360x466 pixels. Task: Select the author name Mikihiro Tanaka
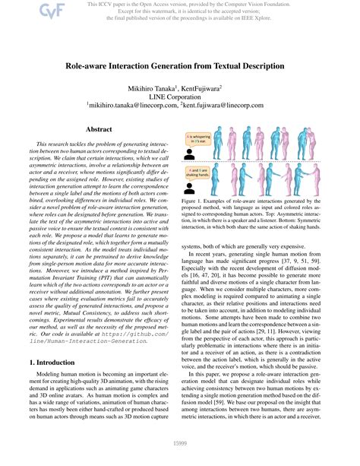pyautogui.click(x=157, y=88)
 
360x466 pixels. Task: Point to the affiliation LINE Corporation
pyautogui.click(x=180, y=97)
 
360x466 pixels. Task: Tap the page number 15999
pyautogui.click(x=180, y=455)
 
